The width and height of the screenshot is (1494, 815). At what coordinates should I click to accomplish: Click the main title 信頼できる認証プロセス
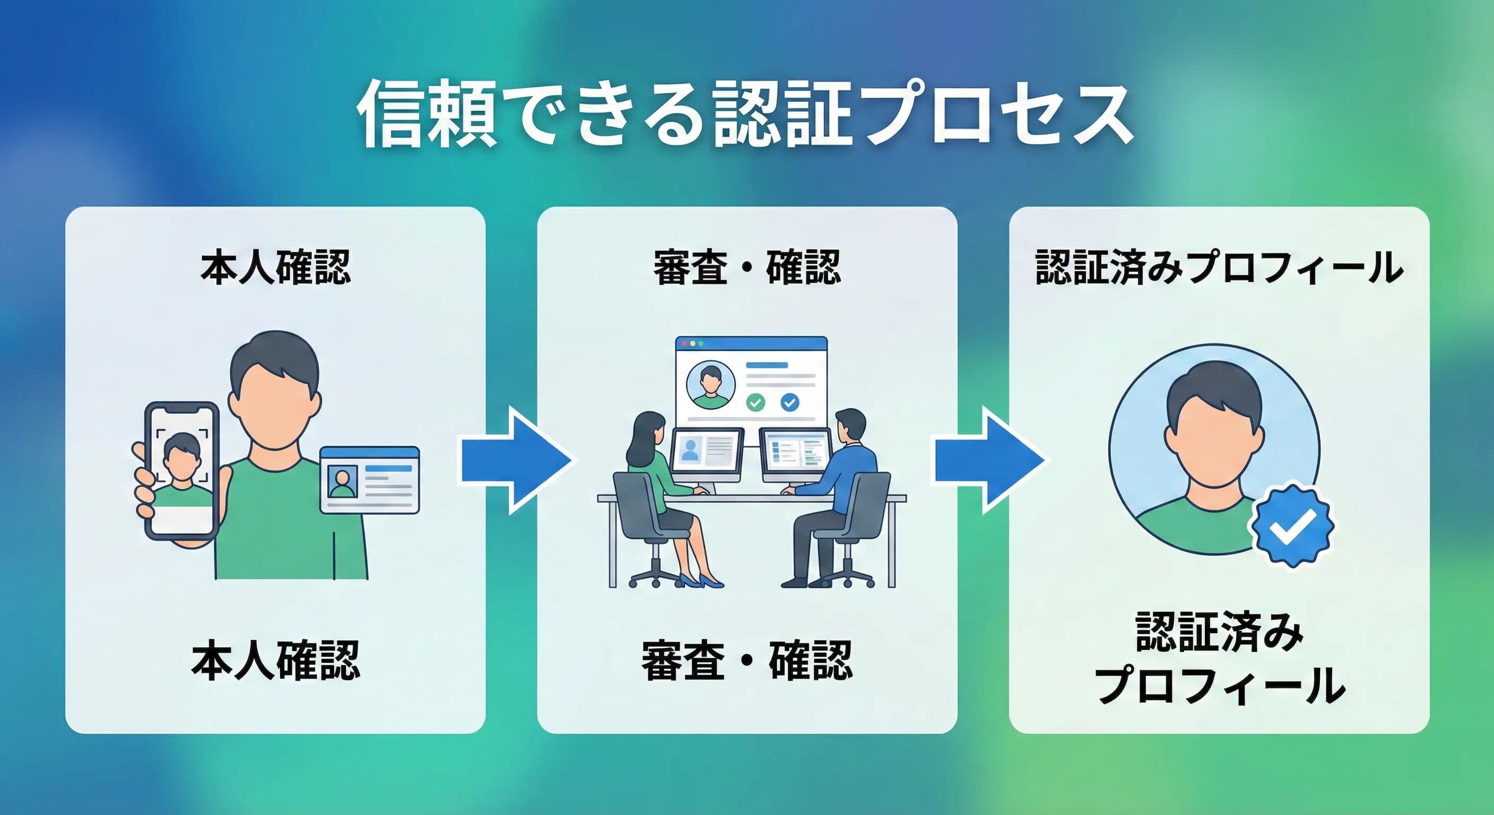point(746,114)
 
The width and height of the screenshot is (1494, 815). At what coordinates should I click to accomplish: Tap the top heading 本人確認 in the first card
point(275,268)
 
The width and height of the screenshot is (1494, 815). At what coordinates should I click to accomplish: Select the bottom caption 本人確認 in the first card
point(275,660)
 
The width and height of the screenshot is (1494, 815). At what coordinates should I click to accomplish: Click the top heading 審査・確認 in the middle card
point(747,268)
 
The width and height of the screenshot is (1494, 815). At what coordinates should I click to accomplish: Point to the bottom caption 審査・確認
point(747,660)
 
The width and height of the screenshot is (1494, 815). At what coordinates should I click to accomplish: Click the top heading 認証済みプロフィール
point(1219,268)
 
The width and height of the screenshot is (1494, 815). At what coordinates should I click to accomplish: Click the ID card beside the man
point(369,480)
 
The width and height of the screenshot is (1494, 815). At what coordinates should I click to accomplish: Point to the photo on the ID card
point(342,482)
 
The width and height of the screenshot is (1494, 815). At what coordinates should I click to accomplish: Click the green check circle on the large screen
point(754,402)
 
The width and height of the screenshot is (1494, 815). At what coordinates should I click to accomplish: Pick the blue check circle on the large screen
point(790,402)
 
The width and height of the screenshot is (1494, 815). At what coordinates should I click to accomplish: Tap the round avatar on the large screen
point(710,385)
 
